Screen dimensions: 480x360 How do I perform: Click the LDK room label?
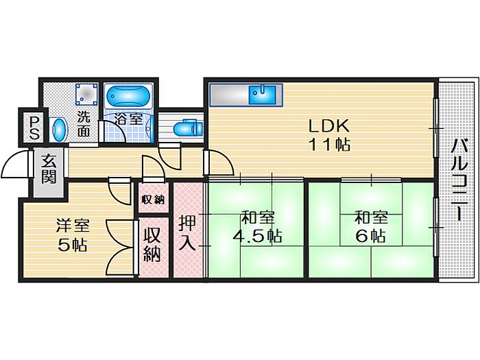point(328,125)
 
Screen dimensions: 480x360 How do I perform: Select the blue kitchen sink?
point(262,95)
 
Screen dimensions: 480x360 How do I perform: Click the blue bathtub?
point(128,96)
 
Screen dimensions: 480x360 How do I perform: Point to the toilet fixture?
point(188,128)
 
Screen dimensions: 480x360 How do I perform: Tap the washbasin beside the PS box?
point(59,130)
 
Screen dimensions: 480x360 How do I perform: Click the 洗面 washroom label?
point(83,124)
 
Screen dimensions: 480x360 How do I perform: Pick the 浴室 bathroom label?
point(128,119)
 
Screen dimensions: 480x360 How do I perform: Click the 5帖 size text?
point(73,245)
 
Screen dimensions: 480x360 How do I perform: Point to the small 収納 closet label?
point(153,200)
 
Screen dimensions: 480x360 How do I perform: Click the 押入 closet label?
point(187,232)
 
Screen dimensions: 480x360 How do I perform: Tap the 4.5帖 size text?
point(257,236)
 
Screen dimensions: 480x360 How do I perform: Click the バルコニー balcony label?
point(459,179)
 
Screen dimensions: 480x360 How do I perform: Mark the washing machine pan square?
point(87,94)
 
